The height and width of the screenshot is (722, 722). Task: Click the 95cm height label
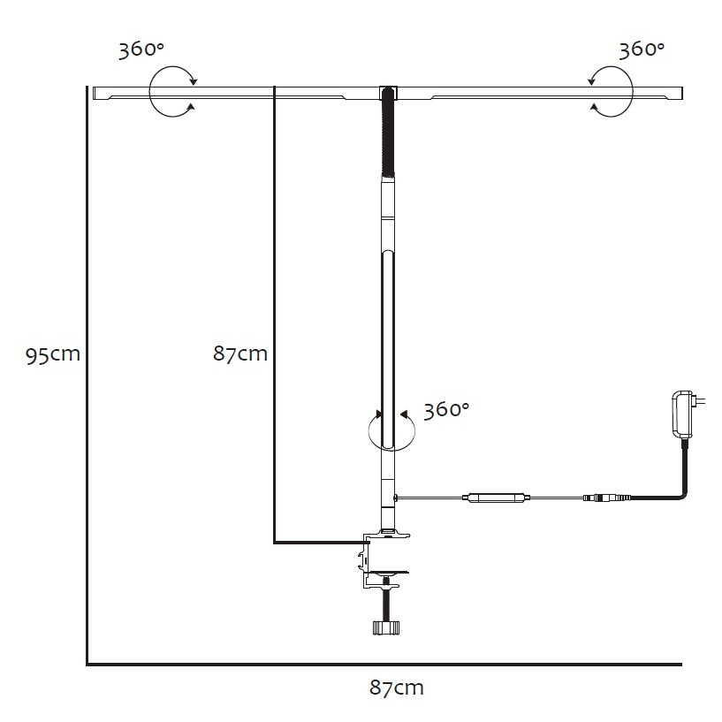[x=53, y=355]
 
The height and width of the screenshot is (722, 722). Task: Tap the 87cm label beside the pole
[x=240, y=353]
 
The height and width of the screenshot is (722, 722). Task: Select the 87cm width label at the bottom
[x=397, y=688]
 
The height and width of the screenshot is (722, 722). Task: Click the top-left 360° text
[x=141, y=49]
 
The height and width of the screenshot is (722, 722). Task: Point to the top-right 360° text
[x=642, y=49]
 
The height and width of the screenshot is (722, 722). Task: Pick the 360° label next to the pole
[x=446, y=410]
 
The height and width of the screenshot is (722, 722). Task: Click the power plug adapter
[x=684, y=414]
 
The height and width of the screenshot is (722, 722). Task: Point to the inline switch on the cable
[x=497, y=498]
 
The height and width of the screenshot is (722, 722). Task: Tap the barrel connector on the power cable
[x=606, y=498]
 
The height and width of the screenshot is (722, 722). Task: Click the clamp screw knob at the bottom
[x=386, y=627]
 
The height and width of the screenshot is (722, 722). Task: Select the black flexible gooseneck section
[x=388, y=133]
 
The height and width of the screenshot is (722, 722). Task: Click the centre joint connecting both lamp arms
[x=388, y=93]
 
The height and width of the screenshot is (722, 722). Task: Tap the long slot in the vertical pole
[x=388, y=349]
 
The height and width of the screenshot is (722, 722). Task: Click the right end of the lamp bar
[x=681, y=93]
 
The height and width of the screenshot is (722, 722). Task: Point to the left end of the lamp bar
[x=94, y=93]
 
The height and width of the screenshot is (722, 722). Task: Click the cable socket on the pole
[x=396, y=498]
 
